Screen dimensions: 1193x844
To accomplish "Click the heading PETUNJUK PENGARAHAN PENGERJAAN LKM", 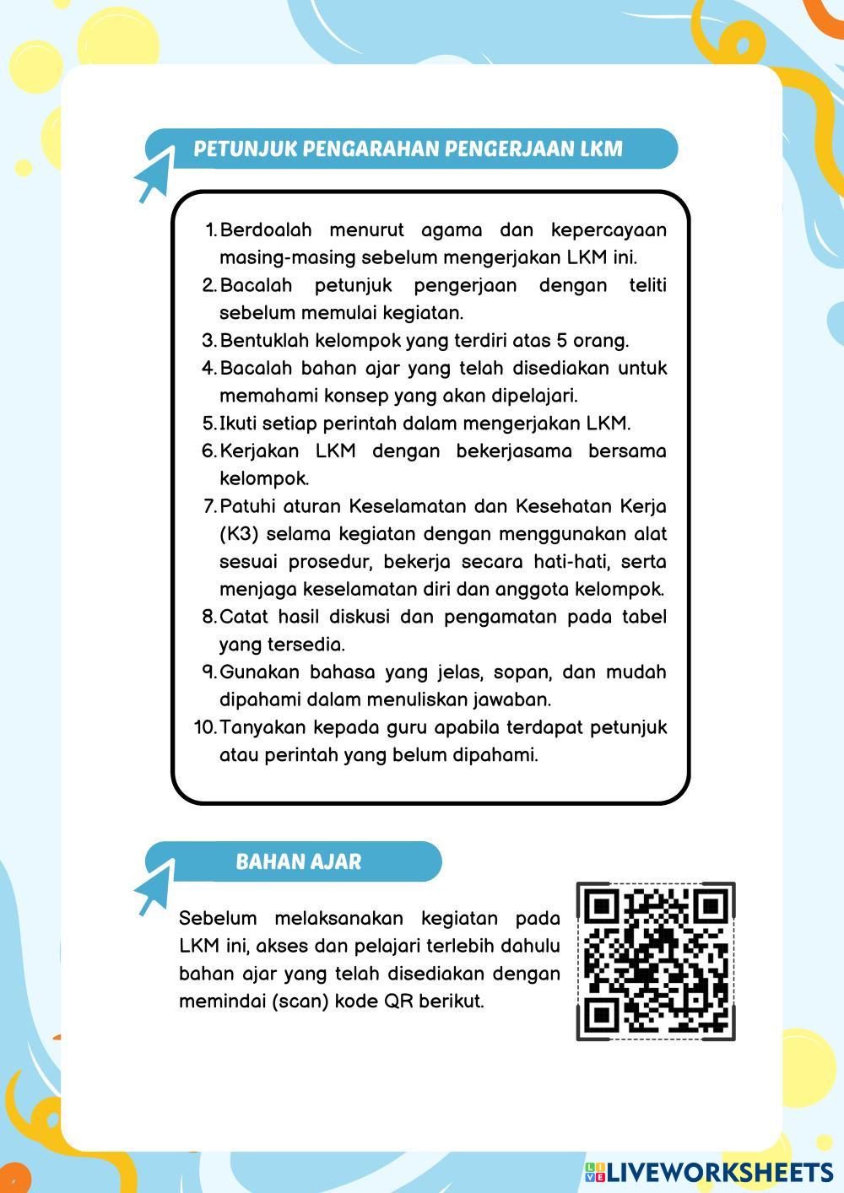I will pyautogui.click(x=408, y=149).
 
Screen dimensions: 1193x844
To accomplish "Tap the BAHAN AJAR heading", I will pyautogui.click(x=298, y=861).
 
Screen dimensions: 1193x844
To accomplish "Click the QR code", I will pyautogui.click(x=656, y=961).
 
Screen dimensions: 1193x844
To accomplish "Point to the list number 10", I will pyautogui.click(x=205, y=727).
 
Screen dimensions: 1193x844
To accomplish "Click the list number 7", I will pyautogui.click(x=210, y=506).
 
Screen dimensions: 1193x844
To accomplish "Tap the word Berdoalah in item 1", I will pyautogui.click(x=265, y=230).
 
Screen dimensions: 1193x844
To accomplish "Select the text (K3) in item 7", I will pyautogui.click(x=238, y=534).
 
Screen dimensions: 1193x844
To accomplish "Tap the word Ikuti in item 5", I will pyautogui.click(x=238, y=424).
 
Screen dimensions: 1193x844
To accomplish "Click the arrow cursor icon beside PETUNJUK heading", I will pyautogui.click(x=153, y=179).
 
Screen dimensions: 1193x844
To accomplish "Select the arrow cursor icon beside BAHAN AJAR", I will pyautogui.click(x=153, y=891).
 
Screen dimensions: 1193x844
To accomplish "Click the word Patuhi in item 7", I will pyautogui.click(x=246, y=506).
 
